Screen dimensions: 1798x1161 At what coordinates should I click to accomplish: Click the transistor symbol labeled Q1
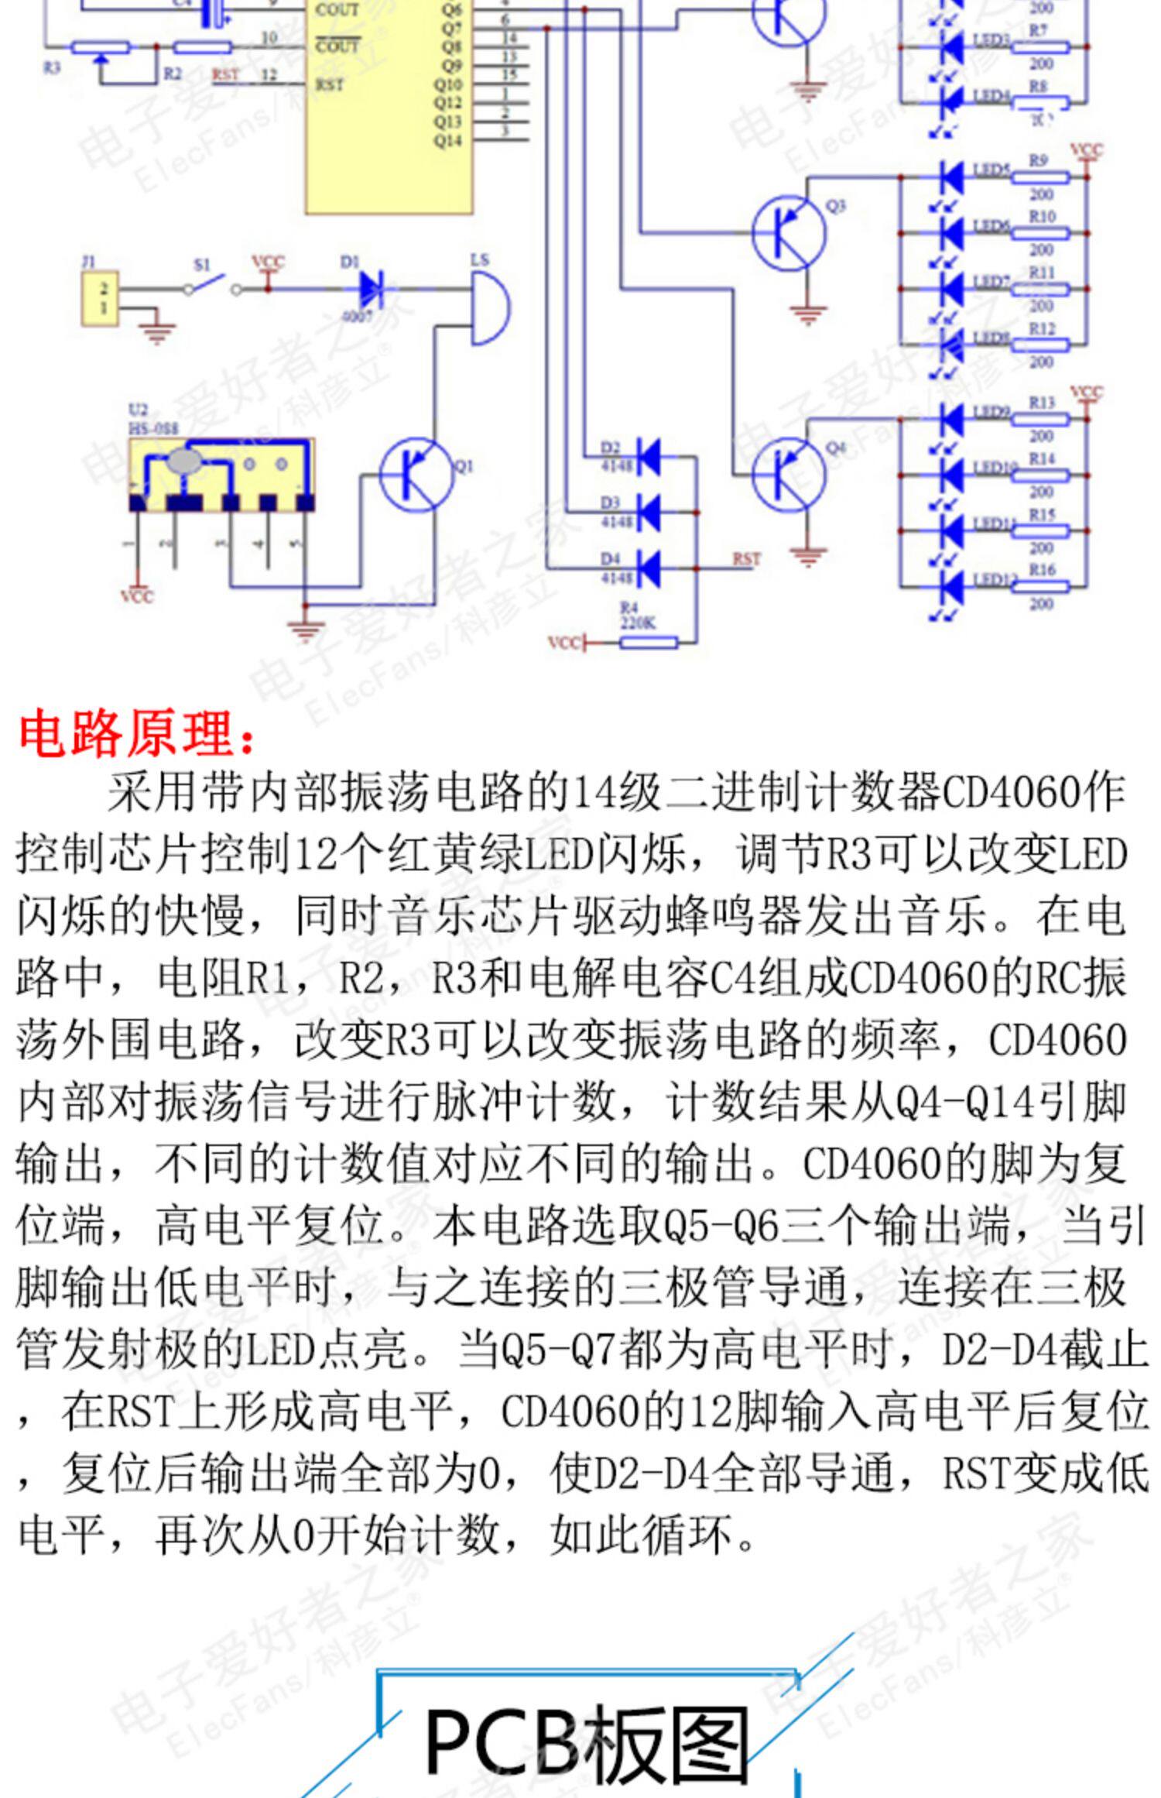tap(415, 474)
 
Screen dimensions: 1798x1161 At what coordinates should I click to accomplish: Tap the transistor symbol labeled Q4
tap(788, 474)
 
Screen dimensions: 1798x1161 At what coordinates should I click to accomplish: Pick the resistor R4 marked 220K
tap(649, 641)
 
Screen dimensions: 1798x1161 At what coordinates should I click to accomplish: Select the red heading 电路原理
tap(136, 733)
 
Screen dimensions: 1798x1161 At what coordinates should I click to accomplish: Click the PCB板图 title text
tap(587, 1741)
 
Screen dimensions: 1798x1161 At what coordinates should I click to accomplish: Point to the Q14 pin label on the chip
tap(447, 141)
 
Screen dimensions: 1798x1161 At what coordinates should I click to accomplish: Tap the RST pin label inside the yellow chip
tap(330, 84)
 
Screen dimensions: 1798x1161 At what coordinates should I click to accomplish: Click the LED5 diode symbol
tap(951, 177)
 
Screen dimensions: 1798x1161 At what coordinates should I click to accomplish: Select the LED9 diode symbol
tap(951, 420)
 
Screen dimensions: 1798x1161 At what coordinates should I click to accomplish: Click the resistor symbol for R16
tap(1041, 586)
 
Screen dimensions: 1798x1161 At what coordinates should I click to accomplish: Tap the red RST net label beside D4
tap(746, 559)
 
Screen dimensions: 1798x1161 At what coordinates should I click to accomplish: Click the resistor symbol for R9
tap(1041, 177)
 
